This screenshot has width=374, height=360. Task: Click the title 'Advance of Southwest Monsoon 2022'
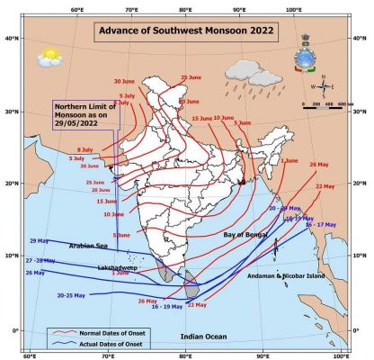point(186,32)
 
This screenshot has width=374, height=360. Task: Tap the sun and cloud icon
point(49,56)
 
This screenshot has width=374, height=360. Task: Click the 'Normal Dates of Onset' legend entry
point(120,335)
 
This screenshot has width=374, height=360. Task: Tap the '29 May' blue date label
point(40,241)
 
